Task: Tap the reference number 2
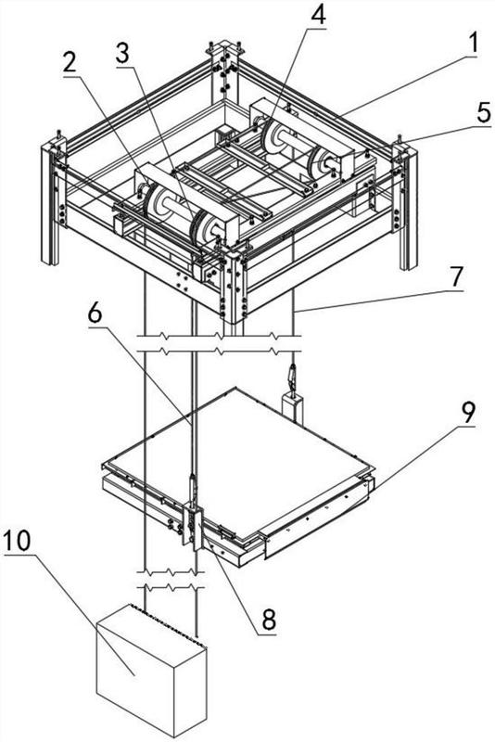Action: point(70,63)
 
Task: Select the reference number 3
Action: point(122,55)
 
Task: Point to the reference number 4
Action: point(318,15)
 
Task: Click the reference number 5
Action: point(483,113)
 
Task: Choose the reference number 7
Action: point(455,277)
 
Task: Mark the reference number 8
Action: point(269,619)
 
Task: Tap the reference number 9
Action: point(468,414)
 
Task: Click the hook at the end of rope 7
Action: point(293,377)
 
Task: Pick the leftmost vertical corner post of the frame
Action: point(50,202)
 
